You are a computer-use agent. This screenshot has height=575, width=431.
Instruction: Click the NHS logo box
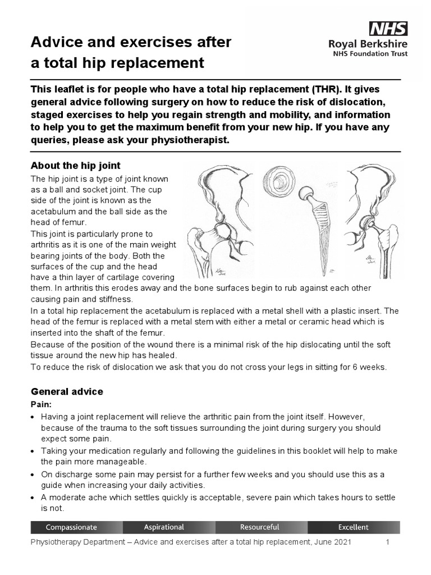tap(388, 28)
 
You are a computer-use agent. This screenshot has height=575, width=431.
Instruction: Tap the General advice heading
tap(67, 391)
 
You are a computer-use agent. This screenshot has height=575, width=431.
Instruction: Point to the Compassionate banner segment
tap(71, 527)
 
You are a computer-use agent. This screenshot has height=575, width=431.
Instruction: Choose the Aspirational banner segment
tap(164, 527)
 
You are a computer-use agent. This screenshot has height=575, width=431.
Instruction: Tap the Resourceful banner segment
tap(259, 527)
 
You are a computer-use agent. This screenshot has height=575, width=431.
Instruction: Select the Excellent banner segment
tap(353, 527)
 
